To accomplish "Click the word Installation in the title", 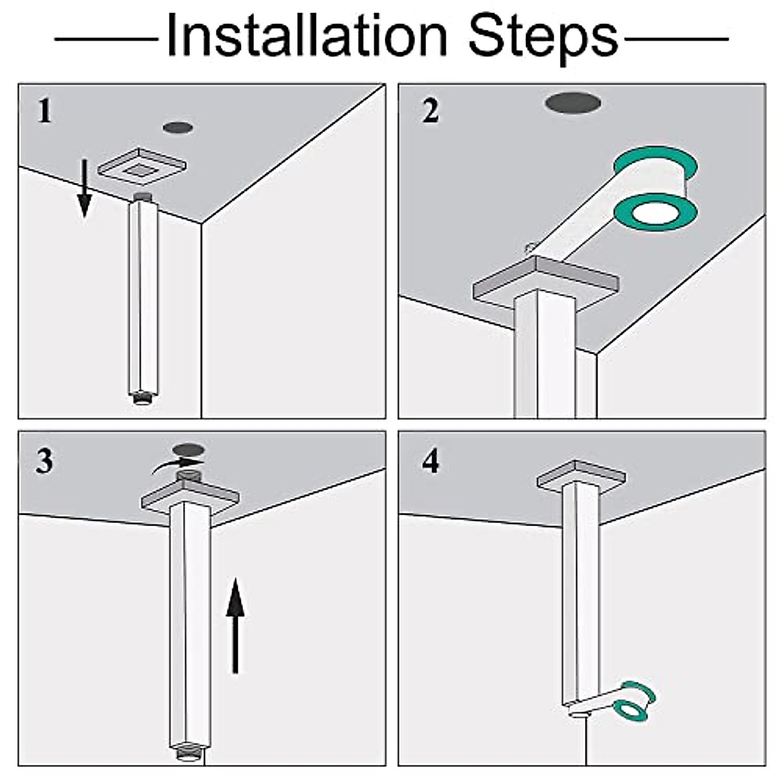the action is (x=307, y=36).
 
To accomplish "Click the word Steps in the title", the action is (x=543, y=40).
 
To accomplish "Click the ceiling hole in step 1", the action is (x=178, y=128).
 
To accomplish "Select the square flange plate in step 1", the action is (x=141, y=166).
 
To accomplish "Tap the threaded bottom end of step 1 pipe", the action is (x=143, y=397).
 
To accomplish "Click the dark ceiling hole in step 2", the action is (x=573, y=104).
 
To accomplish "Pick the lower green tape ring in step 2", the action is (x=656, y=212).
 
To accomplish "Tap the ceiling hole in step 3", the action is (x=188, y=449).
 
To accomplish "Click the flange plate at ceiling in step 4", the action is (x=581, y=476).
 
